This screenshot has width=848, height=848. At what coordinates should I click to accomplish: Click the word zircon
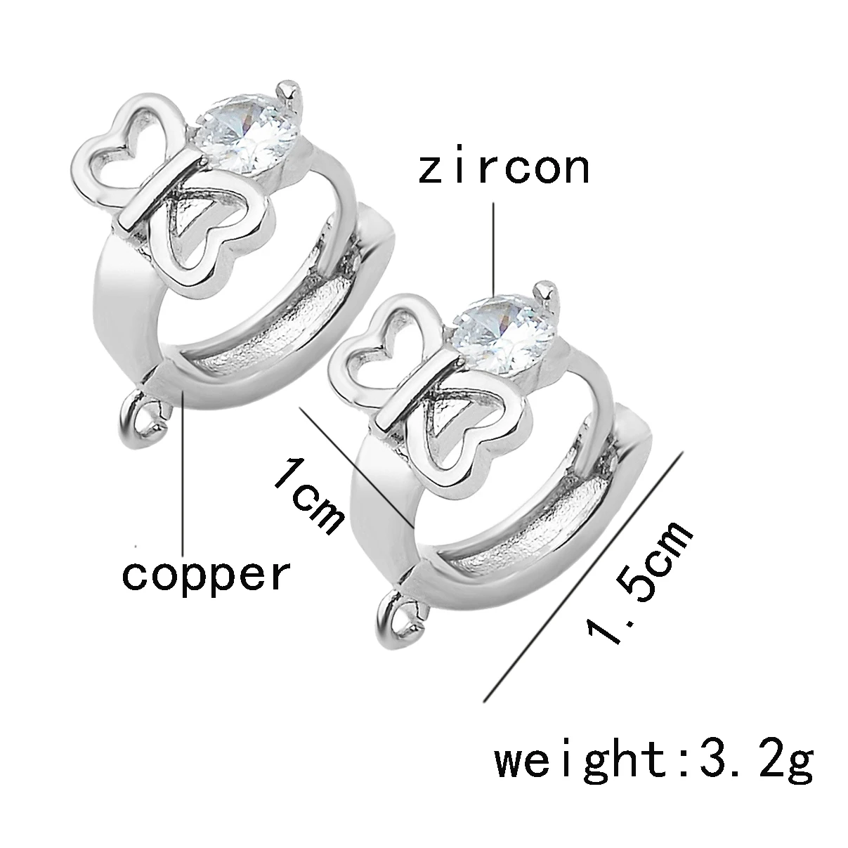click(503, 169)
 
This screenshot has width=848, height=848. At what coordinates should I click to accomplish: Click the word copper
click(206, 575)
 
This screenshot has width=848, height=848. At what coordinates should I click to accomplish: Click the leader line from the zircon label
click(493, 246)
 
